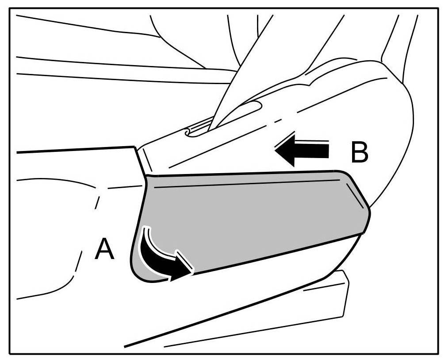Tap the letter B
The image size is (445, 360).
tap(359, 153)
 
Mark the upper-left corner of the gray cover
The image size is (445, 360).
tap(147, 176)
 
